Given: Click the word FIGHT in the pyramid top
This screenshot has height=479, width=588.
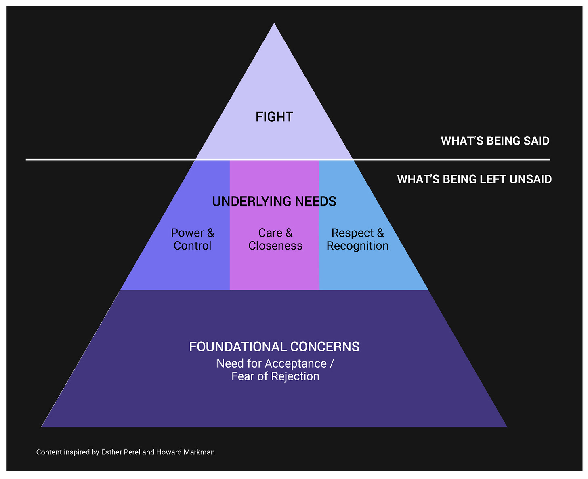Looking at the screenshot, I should click(274, 117).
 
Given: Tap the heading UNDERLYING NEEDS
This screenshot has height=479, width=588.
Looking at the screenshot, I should click(274, 201).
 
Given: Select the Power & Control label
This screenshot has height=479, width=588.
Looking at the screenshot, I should click(193, 239).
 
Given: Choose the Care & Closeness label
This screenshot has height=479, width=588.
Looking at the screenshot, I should click(275, 239).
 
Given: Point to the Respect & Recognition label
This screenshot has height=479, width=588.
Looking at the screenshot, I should click(357, 239).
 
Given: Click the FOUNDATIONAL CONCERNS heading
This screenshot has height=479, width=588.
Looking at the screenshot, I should click(274, 347).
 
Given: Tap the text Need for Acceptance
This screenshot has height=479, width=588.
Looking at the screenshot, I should click(271, 363).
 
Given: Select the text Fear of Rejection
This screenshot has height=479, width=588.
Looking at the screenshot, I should click(275, 376).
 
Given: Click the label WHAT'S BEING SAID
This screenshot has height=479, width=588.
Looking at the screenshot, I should click(495, 141).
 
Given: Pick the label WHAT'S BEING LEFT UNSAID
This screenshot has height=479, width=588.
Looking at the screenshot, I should click(474, 179).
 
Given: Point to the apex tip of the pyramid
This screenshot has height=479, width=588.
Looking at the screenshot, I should click(274, 24).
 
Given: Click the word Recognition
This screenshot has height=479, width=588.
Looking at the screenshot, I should click(357, 246).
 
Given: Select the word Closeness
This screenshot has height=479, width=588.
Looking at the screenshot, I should click(275, 246).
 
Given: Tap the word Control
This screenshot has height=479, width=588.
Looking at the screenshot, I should click(193, 246).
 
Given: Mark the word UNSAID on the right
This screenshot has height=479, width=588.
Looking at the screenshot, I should click(531, 179).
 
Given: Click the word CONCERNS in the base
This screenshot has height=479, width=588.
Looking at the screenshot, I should click(324, 347).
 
